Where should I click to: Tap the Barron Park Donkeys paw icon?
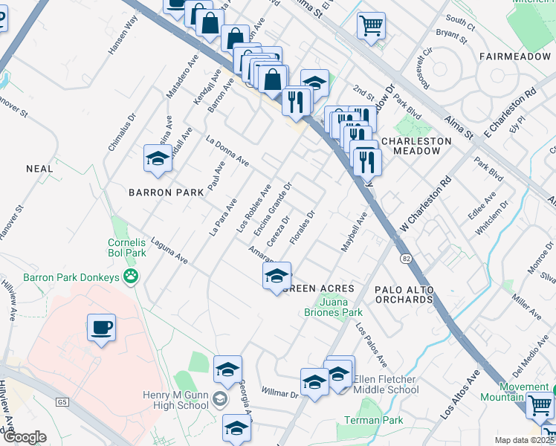(132, 277)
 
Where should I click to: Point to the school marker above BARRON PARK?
(158, 159)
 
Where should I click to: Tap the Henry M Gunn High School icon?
(219, 399)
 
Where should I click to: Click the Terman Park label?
(374, 421)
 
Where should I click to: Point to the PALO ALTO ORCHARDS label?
(404, 294)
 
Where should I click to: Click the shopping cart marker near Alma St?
(370, 25)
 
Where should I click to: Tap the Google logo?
(25, 438)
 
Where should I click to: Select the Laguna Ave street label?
(169, 249)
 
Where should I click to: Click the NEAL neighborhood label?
(39, 169)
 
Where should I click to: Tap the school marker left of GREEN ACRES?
(276, 277)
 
